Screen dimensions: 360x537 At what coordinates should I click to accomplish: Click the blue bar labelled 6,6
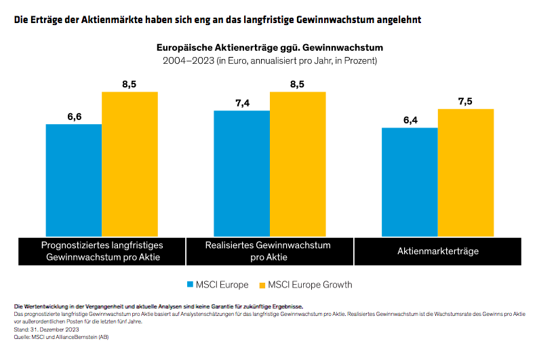pos(74,180)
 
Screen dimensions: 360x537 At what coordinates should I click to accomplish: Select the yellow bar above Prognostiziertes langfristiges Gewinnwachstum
pos(130,163)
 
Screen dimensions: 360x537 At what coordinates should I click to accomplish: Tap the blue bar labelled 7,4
pos(241,173)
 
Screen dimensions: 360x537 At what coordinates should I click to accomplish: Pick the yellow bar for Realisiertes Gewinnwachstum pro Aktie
pos(298,163)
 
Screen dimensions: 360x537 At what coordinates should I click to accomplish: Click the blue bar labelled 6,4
pos(410,181)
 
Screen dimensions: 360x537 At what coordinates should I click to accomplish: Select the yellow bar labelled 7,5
pos(466,172)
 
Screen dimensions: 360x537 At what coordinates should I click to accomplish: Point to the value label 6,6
pos(74,117)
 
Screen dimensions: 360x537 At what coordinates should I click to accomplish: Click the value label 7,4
pos(242,103)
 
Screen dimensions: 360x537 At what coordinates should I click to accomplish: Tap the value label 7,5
pos(465,101)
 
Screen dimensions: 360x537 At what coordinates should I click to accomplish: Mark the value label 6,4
pos(410,120)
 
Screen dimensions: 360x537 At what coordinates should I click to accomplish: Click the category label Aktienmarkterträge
pos(438,252)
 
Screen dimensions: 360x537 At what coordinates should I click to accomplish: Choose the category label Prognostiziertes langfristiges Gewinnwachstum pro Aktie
pos(102,251)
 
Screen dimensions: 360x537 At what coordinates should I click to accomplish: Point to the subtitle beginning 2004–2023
pos(270,61)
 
